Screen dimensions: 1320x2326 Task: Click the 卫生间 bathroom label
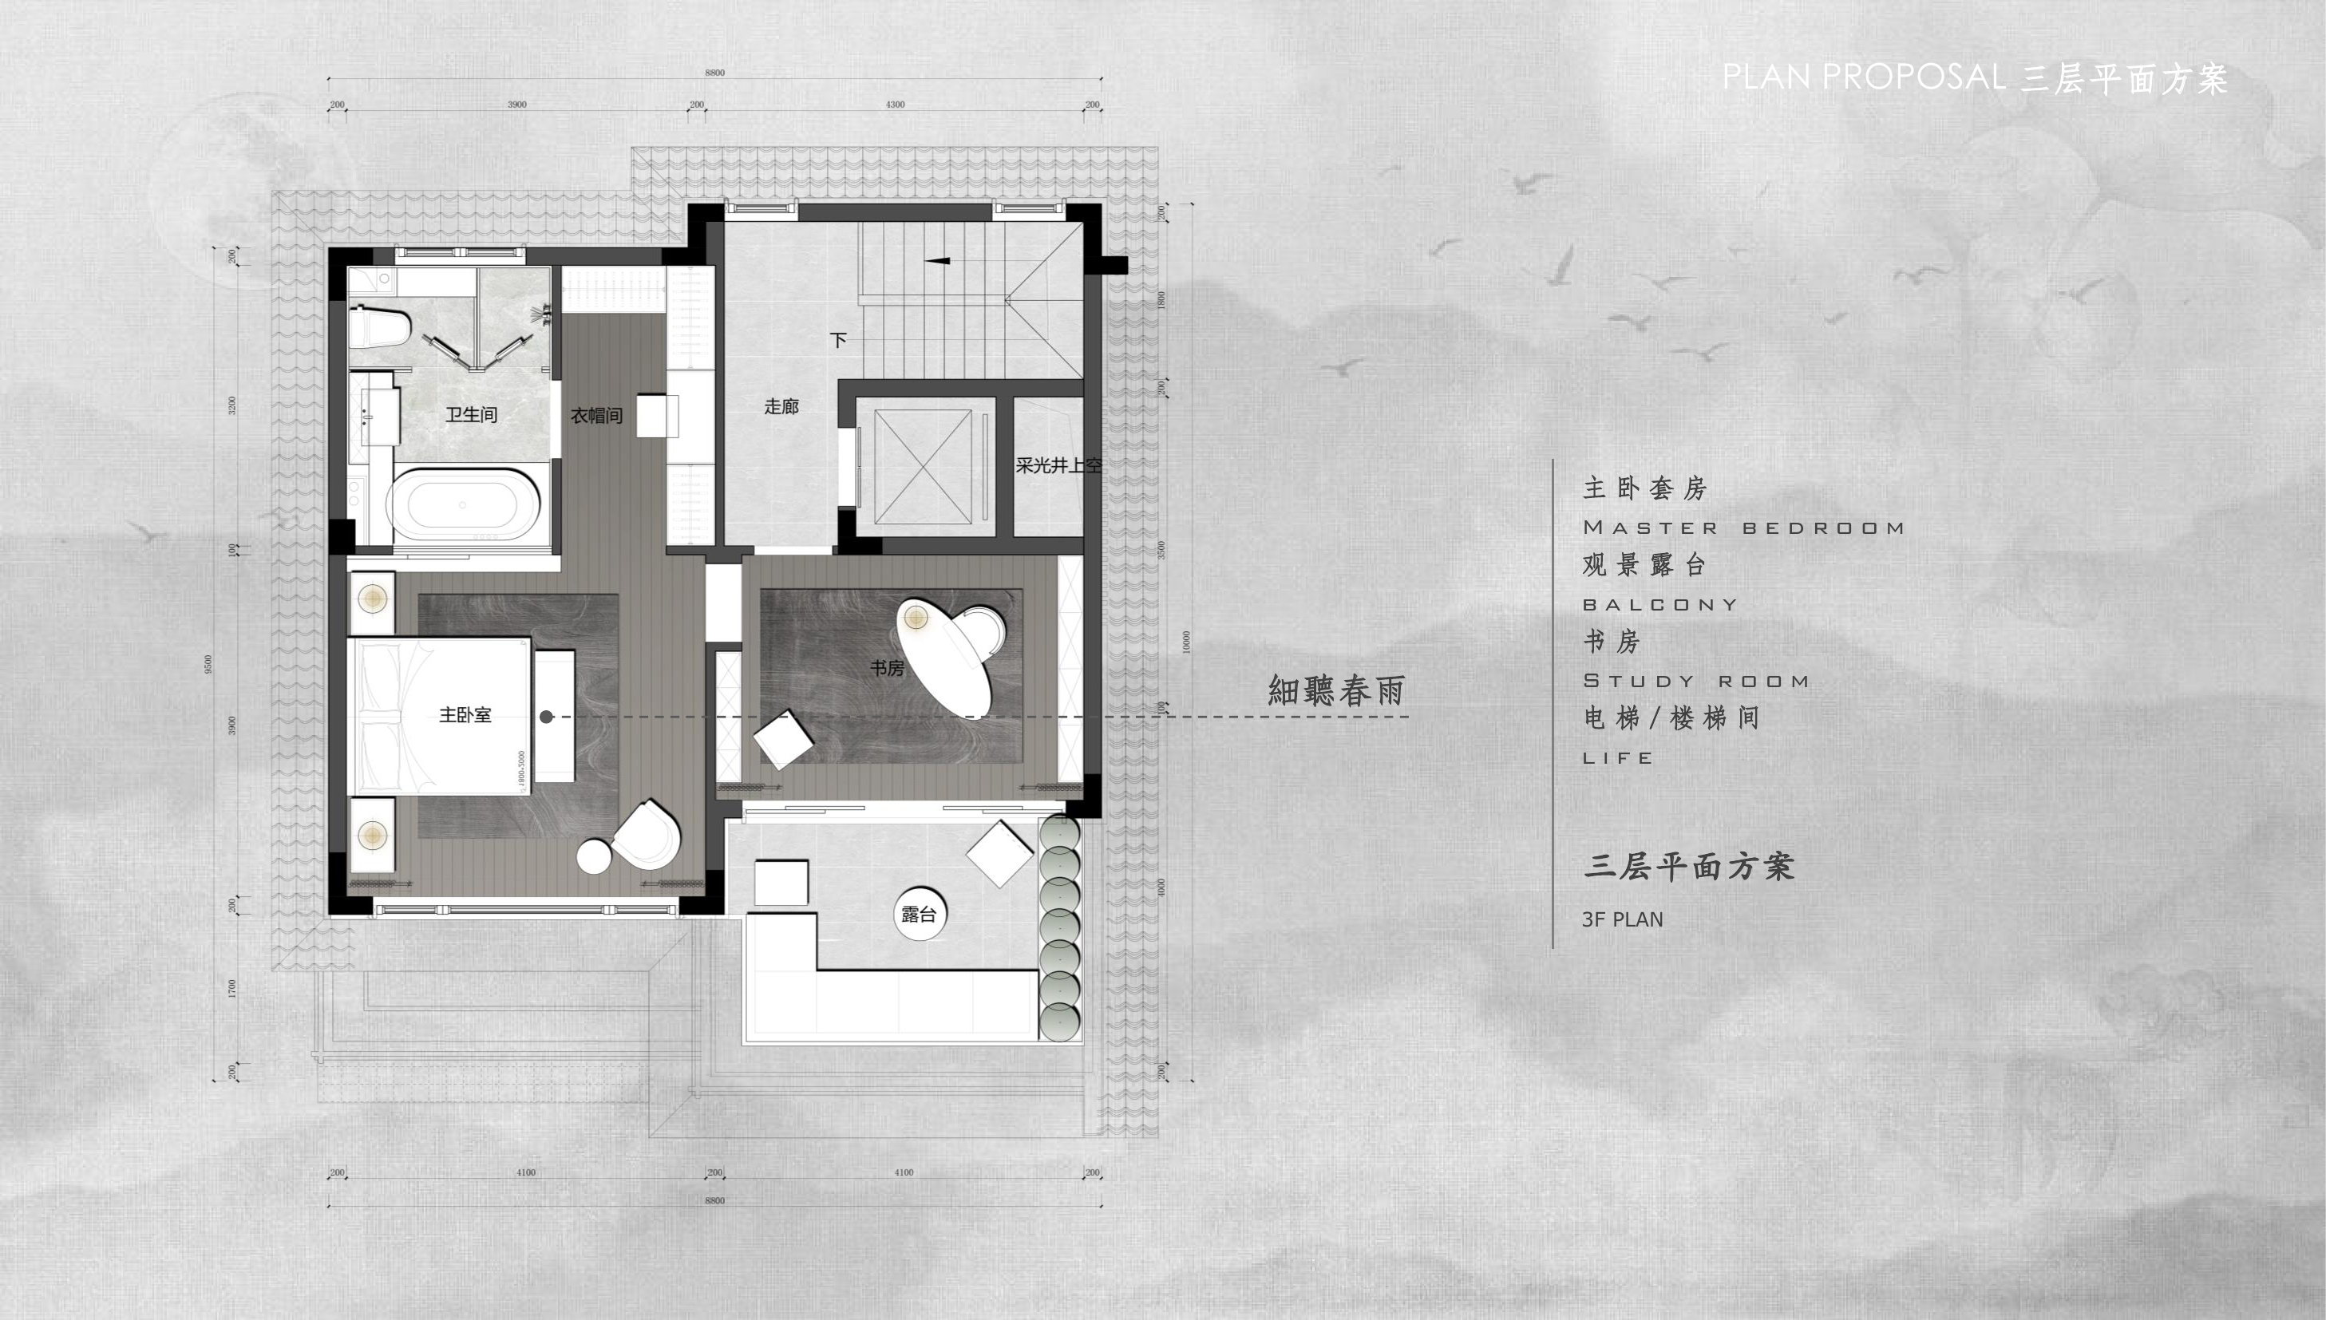tap(470, 415)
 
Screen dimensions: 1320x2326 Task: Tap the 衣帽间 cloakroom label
tap(595, 416)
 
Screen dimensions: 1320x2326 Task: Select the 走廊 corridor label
tap(781, 407)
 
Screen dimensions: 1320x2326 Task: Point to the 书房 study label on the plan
tap(887, 668)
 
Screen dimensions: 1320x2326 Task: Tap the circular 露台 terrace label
tap(918, 914)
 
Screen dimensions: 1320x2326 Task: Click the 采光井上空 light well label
tap(1058, 466)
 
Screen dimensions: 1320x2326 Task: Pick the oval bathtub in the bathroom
tap(463, 505)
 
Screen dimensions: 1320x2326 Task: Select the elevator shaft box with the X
tap(923, 467)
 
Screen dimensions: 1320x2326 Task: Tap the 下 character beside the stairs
tap(838, 340)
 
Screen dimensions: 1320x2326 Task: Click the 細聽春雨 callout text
tap(1335, 691)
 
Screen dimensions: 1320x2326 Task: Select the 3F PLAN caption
tap(1622, 919)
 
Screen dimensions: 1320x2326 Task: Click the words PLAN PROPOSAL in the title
tap(1863, 77)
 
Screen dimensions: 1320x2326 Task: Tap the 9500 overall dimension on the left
tap(209, 665)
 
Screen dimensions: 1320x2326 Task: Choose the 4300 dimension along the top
tap(895, 105)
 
